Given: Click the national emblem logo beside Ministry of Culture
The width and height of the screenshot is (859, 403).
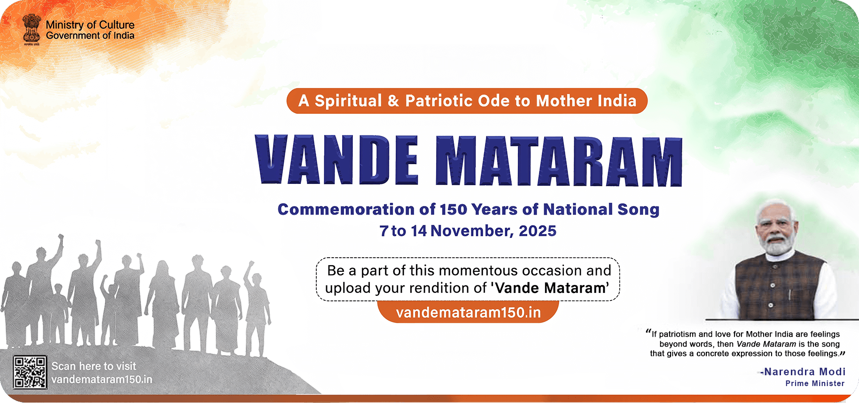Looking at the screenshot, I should (31, 29).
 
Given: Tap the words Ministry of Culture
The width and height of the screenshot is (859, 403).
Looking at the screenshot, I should (90, 25).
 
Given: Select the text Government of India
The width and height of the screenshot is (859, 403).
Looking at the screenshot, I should (90, 36).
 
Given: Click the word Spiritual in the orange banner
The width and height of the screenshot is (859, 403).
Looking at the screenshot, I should (348, 101).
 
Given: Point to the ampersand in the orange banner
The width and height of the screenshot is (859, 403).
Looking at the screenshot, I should (393, 101).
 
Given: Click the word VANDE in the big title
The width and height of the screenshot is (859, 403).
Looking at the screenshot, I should (336, 160).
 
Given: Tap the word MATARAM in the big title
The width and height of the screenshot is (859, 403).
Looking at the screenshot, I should (559, 161).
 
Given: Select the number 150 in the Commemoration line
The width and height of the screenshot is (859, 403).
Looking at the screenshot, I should (453, 209).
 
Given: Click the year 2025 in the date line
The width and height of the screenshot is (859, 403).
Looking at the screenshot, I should (538, 231).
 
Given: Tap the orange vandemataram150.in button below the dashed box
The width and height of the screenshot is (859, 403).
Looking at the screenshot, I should (468, 313).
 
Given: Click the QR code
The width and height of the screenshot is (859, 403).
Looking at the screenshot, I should (30, 372).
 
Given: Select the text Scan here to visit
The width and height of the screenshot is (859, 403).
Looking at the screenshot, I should (94, 366).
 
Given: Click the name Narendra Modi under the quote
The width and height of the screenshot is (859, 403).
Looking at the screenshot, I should (804, 371).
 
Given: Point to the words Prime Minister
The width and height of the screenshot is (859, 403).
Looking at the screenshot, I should (815, 383).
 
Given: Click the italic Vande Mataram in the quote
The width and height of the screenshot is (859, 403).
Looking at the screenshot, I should (766, 344).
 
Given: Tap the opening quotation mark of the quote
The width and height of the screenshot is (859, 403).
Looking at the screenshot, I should (648, 332).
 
